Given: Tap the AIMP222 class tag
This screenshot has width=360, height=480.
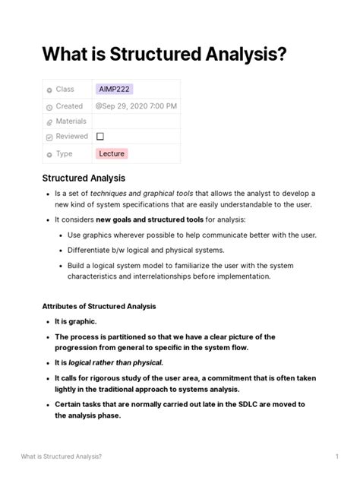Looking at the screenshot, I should coord(113,90).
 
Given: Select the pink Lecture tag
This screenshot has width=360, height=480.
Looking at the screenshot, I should coord(112,153).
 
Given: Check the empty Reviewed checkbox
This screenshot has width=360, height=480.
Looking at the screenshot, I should coord(100,137).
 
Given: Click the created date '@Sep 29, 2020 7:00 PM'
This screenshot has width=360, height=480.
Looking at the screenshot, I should coord(137,106).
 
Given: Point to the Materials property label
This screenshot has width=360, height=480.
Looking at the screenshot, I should coord(71,122).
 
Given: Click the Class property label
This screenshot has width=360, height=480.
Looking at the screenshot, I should coord(65,90).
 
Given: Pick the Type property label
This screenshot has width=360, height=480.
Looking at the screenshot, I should coord(64,153).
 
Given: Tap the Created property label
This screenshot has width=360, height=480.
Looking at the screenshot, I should coord(69,106).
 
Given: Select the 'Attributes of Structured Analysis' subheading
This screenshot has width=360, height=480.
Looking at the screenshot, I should coord(99,306).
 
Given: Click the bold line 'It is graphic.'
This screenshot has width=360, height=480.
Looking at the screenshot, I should coord(75,321).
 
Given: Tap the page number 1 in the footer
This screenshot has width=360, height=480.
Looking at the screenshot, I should coord(336,456).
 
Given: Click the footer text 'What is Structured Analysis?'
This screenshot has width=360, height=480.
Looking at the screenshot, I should coord(62,456).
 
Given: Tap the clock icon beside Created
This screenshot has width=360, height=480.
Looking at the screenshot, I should coord(49,106).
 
